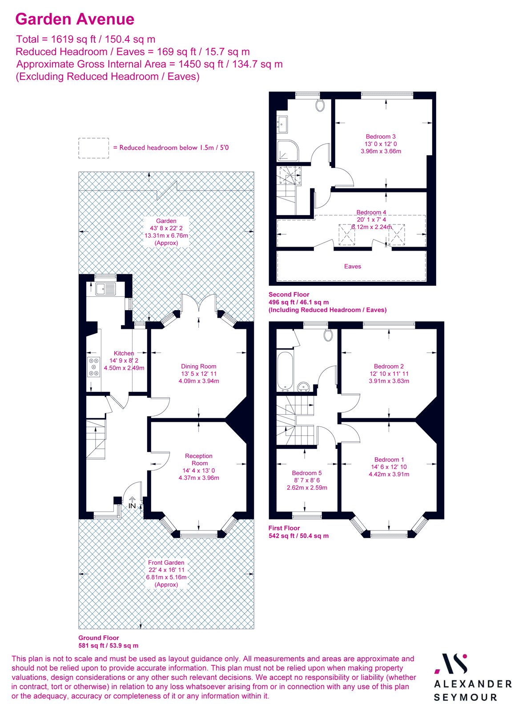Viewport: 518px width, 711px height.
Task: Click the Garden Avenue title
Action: (x=75, y=19)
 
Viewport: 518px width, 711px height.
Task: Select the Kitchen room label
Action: (x=124, y=353)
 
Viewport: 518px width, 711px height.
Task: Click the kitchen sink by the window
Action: (x=105, y=289)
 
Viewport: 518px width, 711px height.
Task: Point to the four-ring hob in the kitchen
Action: (x=93, y=367)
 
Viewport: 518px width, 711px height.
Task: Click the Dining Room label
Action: (x=198, y=367)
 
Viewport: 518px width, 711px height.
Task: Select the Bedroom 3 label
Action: (x=381, y=136)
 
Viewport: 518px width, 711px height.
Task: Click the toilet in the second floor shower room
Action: (x=320, y=105)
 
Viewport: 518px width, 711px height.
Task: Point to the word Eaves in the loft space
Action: (x=353, y=266)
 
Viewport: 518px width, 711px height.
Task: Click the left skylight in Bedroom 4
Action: (x=347, y=235)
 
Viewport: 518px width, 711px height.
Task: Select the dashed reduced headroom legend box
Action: (x=93, y=148)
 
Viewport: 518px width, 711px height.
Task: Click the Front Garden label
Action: (x=166, y=563)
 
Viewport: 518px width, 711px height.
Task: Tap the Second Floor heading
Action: (x=289, y=294)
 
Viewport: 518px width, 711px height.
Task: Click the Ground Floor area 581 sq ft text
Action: (x=108, y=645)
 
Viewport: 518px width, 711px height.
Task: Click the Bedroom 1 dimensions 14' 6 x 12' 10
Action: (x=389, y=467)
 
